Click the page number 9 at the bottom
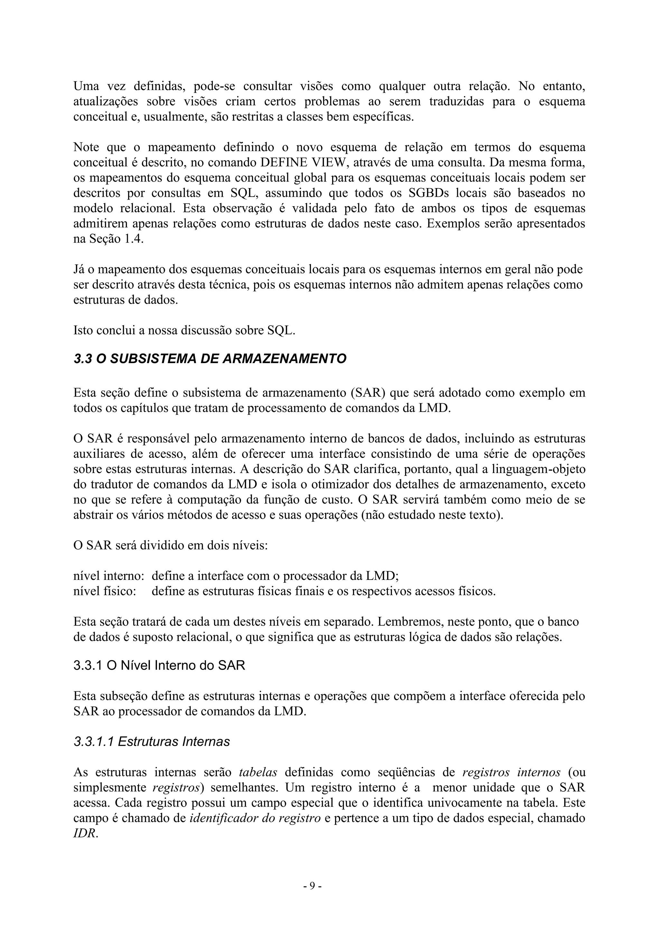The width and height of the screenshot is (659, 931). click(x=312, y=886)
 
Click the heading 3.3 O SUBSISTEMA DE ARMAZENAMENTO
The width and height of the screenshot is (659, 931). click(x=210, y=359)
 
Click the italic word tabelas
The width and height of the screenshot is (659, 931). click(x=258, y=772)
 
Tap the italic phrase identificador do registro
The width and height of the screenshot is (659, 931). click(x=255, y=818)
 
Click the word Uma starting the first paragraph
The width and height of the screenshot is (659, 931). click(x=86, y=87)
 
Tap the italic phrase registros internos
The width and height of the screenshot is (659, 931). click(x=511, y=772)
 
